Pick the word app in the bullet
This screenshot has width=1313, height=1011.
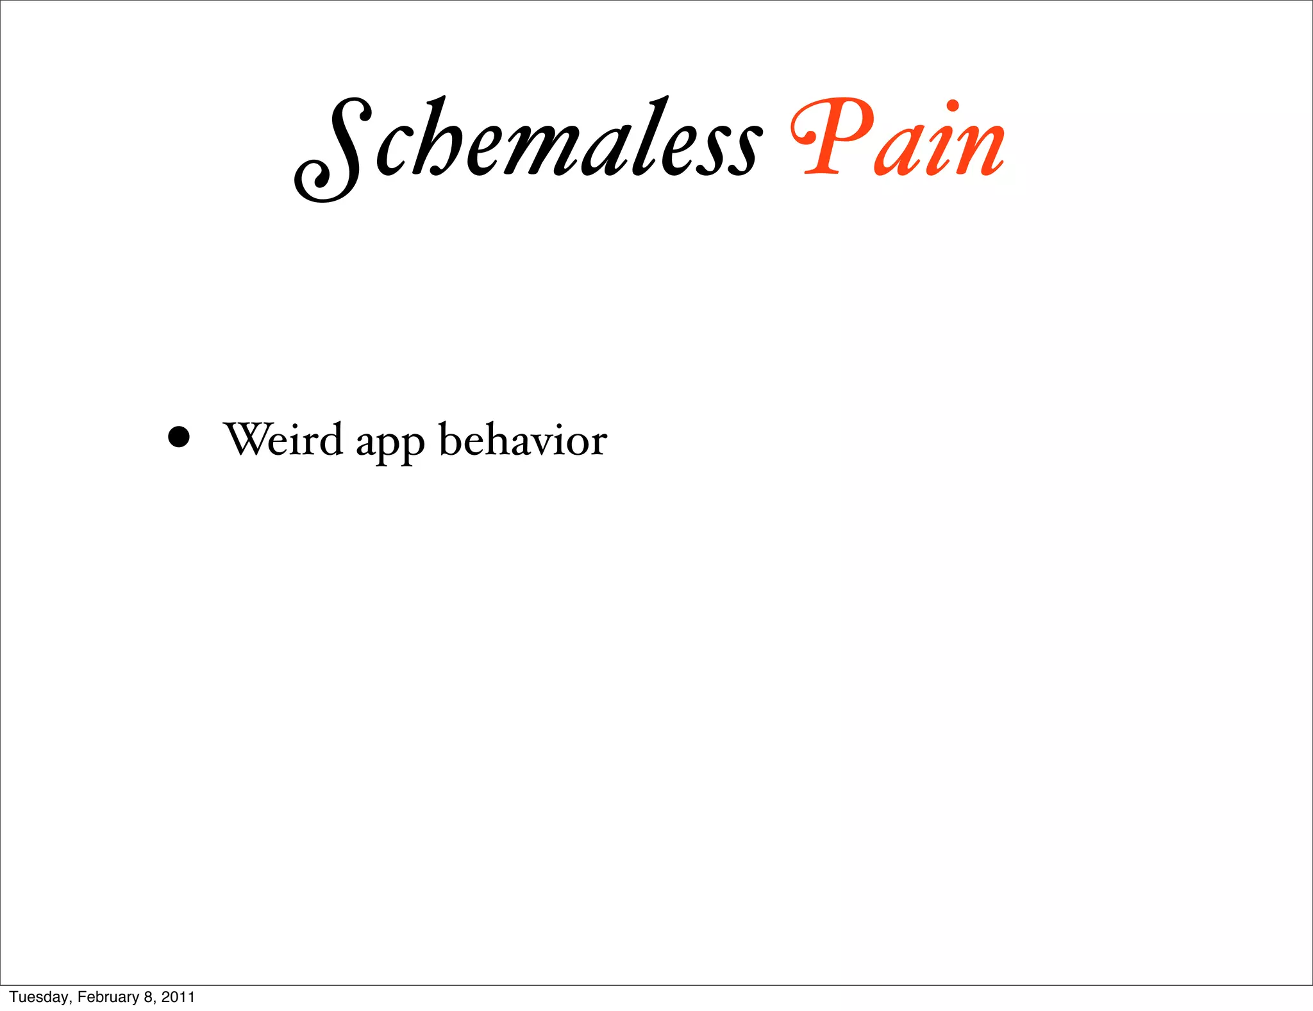click(390, 443)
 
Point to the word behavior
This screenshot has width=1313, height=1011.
click(523, 440)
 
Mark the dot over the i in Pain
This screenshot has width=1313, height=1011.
click(952, 106)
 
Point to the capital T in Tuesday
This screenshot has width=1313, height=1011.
click(13, 997)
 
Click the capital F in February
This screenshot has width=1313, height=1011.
click(81, 997)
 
